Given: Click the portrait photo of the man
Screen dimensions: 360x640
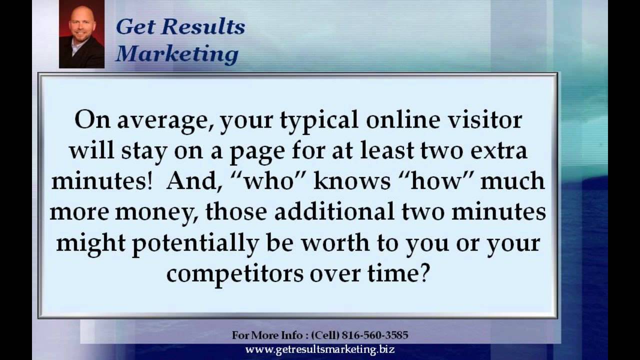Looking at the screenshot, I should point(81,34).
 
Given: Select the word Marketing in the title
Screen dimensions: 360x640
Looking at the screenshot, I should point(176,54).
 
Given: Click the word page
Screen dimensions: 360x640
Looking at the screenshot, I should point(255,151).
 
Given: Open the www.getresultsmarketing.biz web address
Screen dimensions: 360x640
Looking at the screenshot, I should point(320,349).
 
